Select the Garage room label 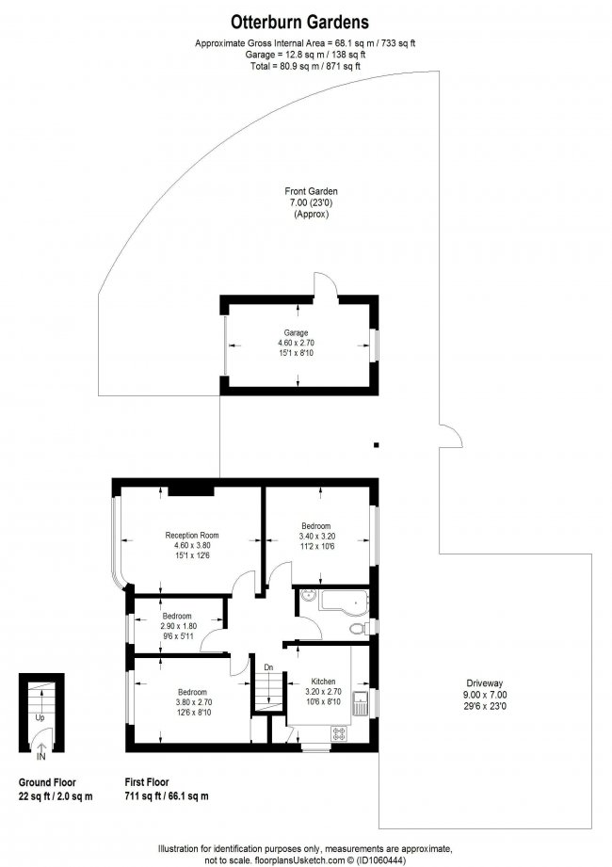[297, 332]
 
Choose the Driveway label [485, 683]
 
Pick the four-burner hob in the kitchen [337, 732]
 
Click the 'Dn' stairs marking [268, 667]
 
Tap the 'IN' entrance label [40, 756]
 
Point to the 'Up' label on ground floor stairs [40, 717]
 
